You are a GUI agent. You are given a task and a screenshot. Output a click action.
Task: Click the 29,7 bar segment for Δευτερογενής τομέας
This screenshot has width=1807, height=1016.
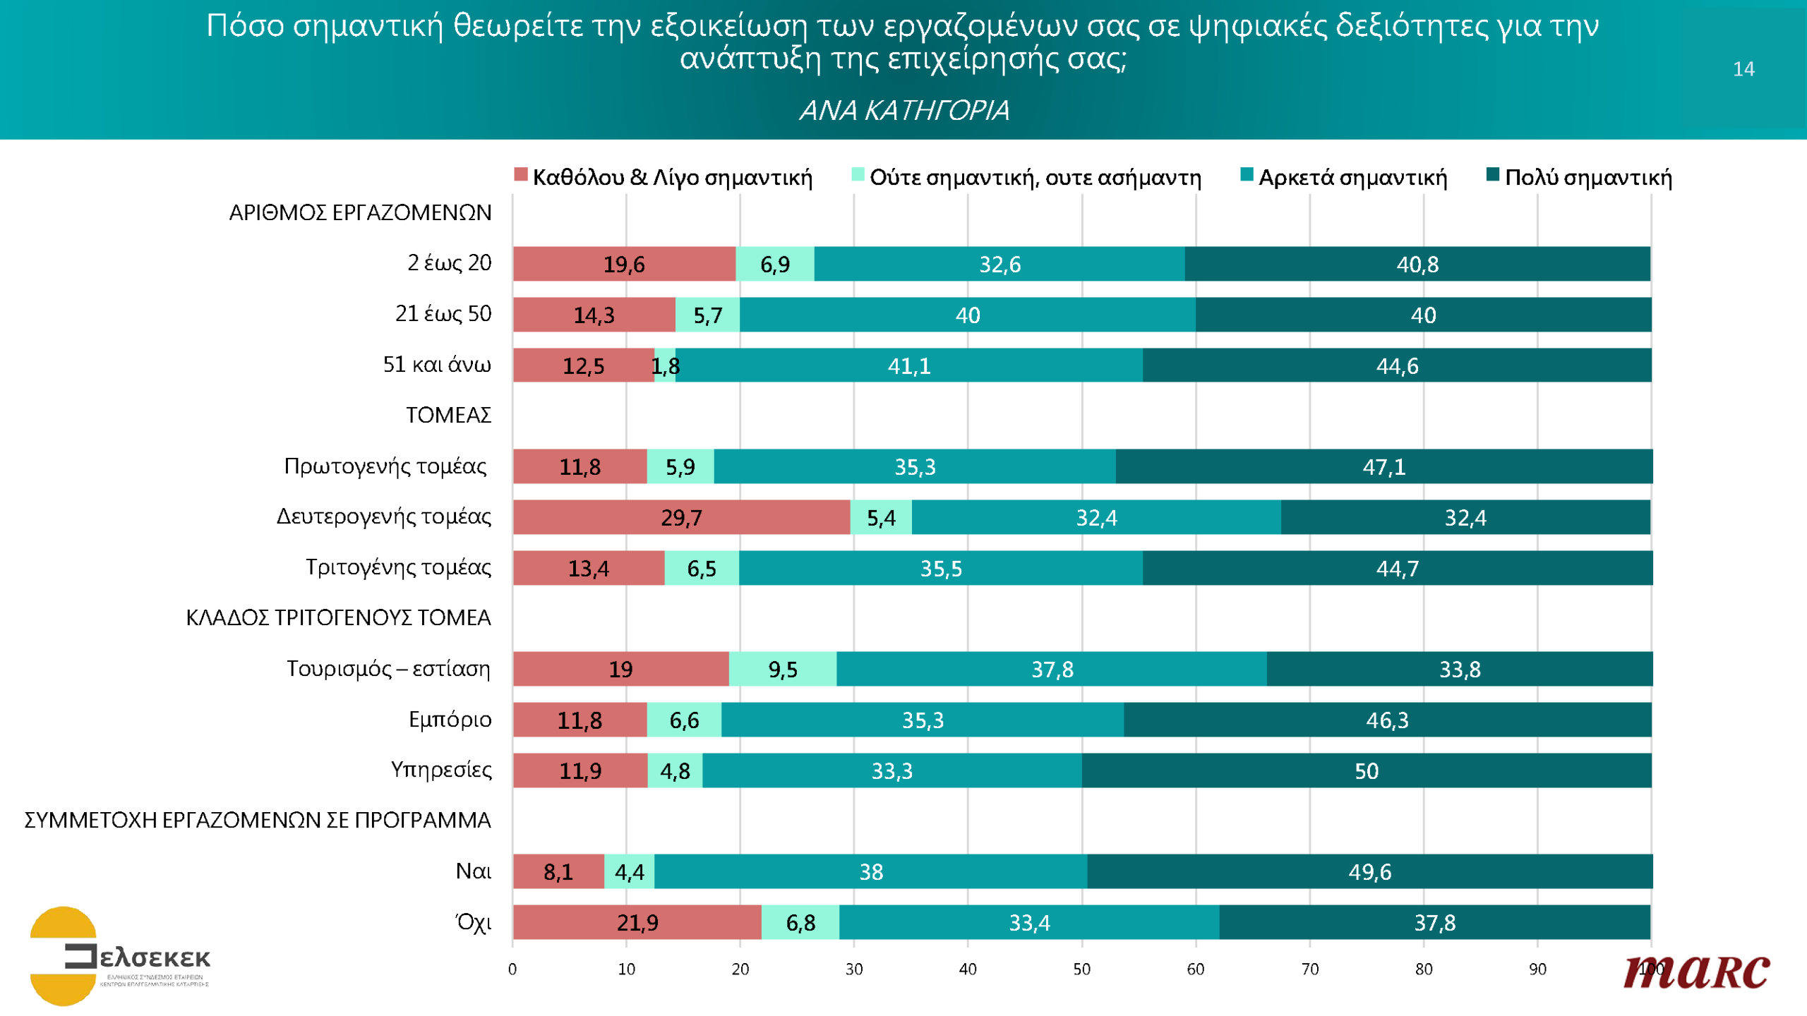[x=681, y=517]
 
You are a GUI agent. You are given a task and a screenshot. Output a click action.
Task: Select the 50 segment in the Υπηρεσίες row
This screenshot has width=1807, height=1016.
[x=1366, y=770]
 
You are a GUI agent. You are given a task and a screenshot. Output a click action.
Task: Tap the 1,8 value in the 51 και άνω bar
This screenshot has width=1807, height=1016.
[x=665, y=365]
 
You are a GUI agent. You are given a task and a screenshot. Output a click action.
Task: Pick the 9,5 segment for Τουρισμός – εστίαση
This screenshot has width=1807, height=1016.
[x=782, y=669]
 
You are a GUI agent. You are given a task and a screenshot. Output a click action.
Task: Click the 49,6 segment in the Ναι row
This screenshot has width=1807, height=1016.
[x=1369, y=871]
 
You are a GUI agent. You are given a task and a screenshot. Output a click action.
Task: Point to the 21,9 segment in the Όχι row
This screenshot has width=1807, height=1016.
[x=637, y=922]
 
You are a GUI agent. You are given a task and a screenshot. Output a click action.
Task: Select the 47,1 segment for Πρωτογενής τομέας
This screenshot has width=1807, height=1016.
[x=1383, y=466]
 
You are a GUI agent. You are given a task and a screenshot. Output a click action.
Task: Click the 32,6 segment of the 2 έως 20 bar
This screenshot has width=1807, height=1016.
[x=999, y=264]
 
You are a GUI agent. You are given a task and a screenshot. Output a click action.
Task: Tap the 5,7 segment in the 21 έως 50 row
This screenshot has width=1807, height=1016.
[x=707, y=315]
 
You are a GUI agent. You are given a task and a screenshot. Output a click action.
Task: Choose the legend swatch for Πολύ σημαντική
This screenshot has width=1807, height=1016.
[x=1492, y=174]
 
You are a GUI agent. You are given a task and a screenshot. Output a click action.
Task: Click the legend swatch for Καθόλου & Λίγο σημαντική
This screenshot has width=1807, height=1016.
[x=521, y=174]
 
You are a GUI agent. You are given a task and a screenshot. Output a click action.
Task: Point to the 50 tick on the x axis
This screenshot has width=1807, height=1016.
[x=1081, y=969]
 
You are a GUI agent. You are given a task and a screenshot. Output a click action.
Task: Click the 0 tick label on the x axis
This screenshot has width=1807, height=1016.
[x=512, y=969]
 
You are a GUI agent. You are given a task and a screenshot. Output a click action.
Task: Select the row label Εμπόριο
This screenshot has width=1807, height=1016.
[x=450, y=720]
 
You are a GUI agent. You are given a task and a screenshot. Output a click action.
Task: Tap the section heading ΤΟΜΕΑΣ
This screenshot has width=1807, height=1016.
[x=448, y=416]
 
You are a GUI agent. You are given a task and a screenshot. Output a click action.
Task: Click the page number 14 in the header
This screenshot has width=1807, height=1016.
[x=1743, y=69]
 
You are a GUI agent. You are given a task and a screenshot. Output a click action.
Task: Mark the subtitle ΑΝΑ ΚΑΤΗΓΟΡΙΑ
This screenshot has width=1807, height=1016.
[x=903, y=111]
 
